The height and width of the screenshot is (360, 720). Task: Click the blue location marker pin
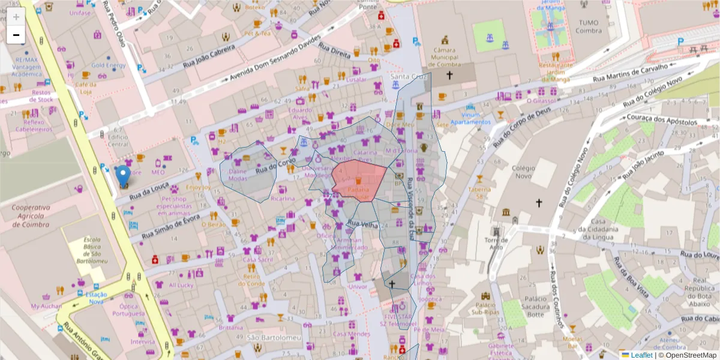[123, 176]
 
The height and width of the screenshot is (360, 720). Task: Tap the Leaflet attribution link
[641, 355]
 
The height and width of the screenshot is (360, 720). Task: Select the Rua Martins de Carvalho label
[630, 73]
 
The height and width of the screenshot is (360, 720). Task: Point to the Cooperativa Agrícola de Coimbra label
[31, 216]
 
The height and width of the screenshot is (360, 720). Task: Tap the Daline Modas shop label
[238, 175]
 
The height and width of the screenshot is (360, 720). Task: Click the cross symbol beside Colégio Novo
[538, 203]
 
